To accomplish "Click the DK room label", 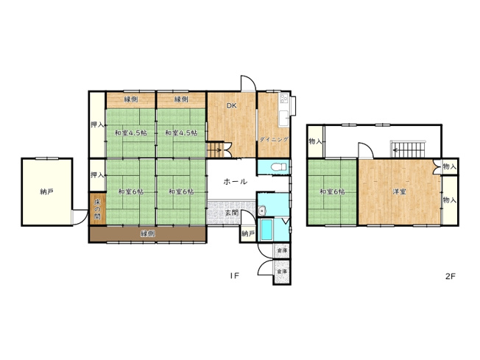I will click(x=231, y=106).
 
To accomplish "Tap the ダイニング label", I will click(x=273, y=138).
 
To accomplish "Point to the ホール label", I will click(x=234, y=181).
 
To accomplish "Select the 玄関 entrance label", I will click(x=231, y=212).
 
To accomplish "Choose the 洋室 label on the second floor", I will click(x=400, y=192).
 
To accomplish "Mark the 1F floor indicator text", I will click(x=234, y=276).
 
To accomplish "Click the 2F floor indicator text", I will click(x=451, y=276).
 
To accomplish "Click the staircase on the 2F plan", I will click(x=408, y=148).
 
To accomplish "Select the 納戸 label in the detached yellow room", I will click(x=47, y=191).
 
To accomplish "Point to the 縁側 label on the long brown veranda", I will click(x=147, y=233).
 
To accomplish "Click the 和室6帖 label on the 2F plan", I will click(x=332, y=192).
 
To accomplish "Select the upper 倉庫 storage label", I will click(x=282, y=251).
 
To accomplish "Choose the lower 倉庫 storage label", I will click(x=282, y=272).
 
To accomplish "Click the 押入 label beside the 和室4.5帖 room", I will click(x=96, y=124).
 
